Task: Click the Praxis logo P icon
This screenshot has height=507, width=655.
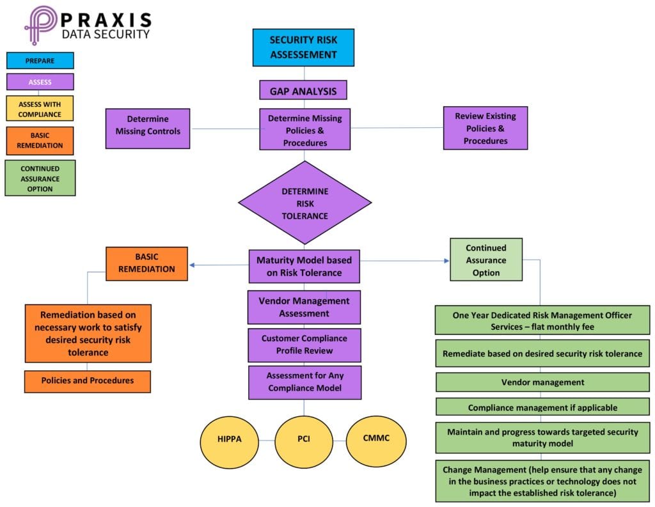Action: [40, 25]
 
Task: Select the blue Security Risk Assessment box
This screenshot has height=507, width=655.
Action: [303, 47]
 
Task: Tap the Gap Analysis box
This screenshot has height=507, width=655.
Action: [303, 90]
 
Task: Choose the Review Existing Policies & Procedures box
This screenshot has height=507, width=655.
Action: [485, 128]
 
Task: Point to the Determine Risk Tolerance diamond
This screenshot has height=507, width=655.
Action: [304, 203]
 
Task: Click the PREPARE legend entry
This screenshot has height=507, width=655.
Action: [40, 61]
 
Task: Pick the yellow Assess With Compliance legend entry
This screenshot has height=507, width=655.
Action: [40, 108]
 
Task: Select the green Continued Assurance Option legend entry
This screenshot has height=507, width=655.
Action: [40, 178]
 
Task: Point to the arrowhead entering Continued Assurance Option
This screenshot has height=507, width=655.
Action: [446, 261]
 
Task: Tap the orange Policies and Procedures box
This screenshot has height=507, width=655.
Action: [88, 381]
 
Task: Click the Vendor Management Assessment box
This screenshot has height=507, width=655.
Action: [304, 307]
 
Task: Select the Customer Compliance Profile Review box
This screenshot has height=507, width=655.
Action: [304, 345]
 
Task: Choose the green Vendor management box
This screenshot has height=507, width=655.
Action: [542, 382]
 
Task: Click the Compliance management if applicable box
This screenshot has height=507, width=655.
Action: [542, 407]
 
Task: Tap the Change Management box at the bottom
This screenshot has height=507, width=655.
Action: [542, 481]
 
